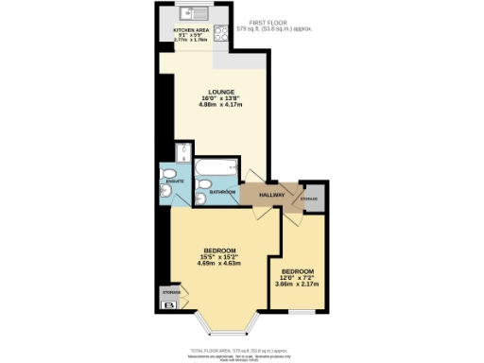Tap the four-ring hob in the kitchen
(x=218, y=32)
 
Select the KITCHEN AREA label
(x=184, y=31)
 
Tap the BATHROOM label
(x=222, y=191)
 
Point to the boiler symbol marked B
(x=171, y=304)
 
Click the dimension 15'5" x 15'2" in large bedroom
(x=220, y=256)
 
